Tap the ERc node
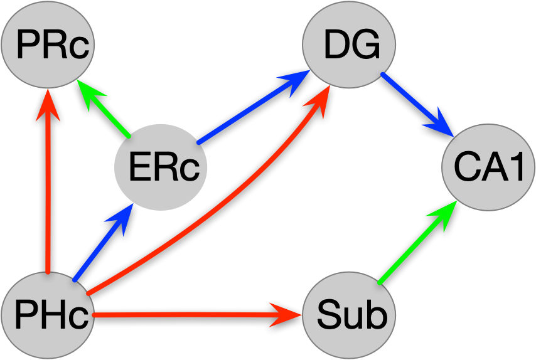pos(161,166)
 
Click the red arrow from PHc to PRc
pos(48,188)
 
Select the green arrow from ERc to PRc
pos(107,112)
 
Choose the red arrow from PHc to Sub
pos(188,314)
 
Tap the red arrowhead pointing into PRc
pos(48,103)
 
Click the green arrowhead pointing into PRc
pos(88,91)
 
